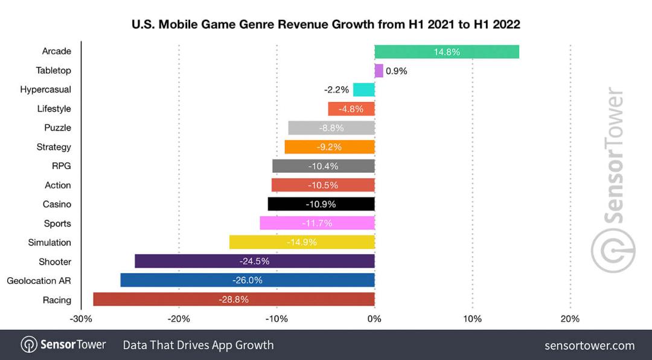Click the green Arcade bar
[447, 51]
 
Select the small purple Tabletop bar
[379, 71]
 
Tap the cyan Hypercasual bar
[364, 90]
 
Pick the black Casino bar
[321, 204]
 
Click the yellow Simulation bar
[302, 242]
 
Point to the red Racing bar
[234, 299]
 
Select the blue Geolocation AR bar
[248, 280]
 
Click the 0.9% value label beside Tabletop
[396, 71]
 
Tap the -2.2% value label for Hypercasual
[336, 90]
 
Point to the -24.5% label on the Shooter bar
[255, 262]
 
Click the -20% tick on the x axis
[179, 319]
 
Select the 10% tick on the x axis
[472, 319]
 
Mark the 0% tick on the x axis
[375, 319]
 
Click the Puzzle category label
[58, 128]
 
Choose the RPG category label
[62, 166]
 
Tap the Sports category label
[57, 223]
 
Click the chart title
[326, 24]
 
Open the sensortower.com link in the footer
[590, 346]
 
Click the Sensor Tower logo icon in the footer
[29, 345]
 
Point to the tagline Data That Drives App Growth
[199, 345]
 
